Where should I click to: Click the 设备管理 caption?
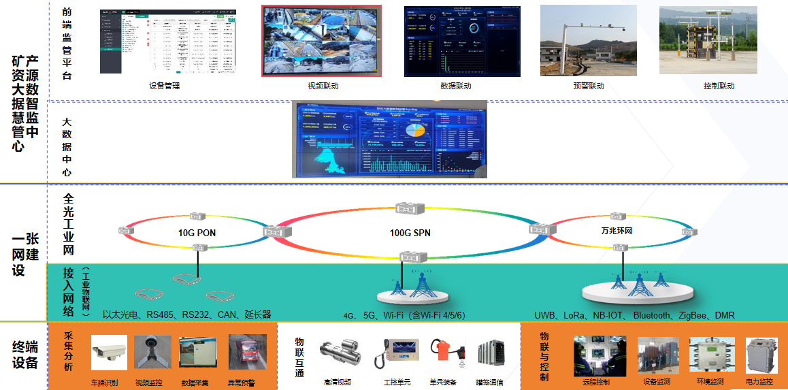pos(164,86)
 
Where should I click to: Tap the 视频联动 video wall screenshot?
pos(322,41)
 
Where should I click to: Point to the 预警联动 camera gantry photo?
pos(588,41)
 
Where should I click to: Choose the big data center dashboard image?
pos(389,140)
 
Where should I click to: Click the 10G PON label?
pos(197,233)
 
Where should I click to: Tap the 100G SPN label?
pos(410,233)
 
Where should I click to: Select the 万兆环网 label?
pos(617,231)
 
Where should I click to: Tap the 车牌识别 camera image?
pos(108,353)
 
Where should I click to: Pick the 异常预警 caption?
pos(242,383)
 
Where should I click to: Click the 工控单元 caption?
pos(397,383)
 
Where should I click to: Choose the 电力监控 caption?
pos(759,382)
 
